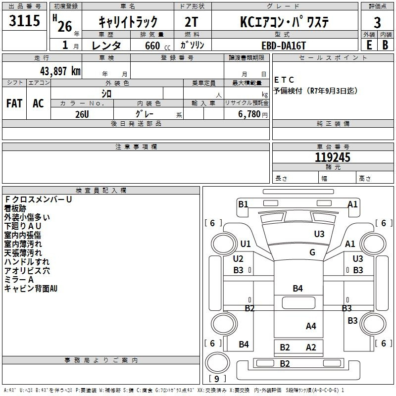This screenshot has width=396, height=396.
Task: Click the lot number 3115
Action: [x=24, y=20]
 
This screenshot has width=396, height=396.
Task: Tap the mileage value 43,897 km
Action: [x=60, y=71]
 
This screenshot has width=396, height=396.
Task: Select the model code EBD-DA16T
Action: [x=284, y=46]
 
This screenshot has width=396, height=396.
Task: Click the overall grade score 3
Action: [x=377, y=23]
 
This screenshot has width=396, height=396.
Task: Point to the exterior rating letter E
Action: [x=369, y=45]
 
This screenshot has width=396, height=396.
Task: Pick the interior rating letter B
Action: [x=385, y=45]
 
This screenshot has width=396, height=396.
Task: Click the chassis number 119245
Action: [x=333, y=157]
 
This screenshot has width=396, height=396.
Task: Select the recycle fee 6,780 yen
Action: [x=253, y=114]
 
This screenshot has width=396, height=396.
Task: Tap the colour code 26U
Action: [x=82, y=114]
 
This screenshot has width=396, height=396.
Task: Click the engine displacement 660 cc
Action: [x=157, y=46]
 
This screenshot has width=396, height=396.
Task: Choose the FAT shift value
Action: [x=14, y=103]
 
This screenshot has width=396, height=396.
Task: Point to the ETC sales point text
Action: [x=284, y=80]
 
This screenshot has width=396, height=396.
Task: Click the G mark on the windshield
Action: [x=312, y=252]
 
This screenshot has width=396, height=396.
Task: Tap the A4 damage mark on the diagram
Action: [x=311, y=326]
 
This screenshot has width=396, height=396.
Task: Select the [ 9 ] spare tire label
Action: [x=217, y=379]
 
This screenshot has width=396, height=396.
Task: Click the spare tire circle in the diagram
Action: [x=217, y=363]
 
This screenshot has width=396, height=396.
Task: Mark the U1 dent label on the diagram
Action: [x=246, y=244]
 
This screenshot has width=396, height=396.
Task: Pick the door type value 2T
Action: [x=192, y=22]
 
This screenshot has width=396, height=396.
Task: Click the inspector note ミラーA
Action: [x=19, y=280]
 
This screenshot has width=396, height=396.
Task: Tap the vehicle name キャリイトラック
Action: [x=128, y=22]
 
